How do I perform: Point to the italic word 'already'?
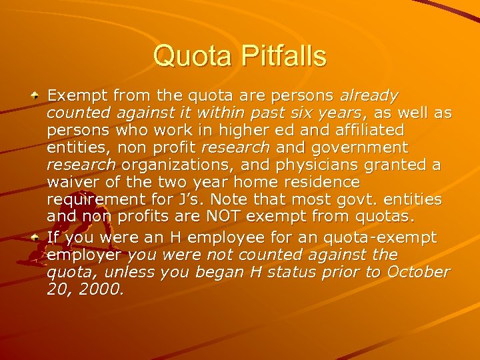click(x=369, y=95)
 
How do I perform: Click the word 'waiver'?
click(x=73, y=182)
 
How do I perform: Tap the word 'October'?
click(x=415, y=272)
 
